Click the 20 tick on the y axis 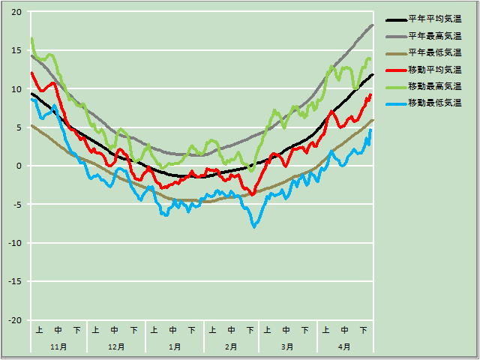click(x=16, y=12)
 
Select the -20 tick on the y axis click(x=15, y=320)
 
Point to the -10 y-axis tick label click(x=15, y=243)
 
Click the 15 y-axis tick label click(x=16, y=50)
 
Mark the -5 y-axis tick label click(x=16, y=205)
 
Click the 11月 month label click(x=58, y=346)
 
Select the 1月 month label click(x=174, y=346)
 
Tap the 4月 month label click(x=344, y=346)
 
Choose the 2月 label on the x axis click(x=231, y=346)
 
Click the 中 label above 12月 click(x=115, y=329)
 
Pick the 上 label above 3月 click(x=268, y=329)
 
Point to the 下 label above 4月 click(x=364, y=329)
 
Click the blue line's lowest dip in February click(x=254, y=226)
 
